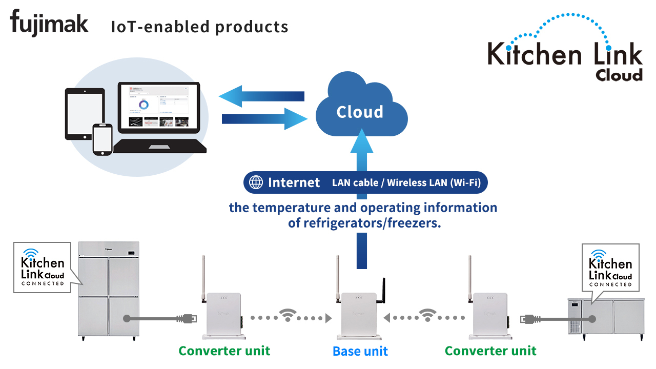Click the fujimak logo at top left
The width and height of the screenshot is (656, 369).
[x=49, y=23]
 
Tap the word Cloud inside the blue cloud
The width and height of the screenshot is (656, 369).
[x=360, y=112]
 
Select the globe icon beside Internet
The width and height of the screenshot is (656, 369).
[x=256, y=182]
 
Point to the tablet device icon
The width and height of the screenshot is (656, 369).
[x=85, y=114]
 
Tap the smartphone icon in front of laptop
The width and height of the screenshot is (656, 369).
[x=102, y=139]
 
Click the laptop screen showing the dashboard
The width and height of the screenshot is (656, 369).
[x=159, y=107]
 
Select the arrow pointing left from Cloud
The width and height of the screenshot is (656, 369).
[x=261, y=96]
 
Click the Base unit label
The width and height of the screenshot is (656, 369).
[x=360, y=351]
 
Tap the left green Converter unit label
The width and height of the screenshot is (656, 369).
[x=224, y=351]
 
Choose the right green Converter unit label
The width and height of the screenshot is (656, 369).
[x=490, y=351]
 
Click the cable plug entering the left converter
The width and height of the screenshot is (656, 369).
[x=187, y=318]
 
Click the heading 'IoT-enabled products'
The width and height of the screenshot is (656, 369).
[x=199, y=27]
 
